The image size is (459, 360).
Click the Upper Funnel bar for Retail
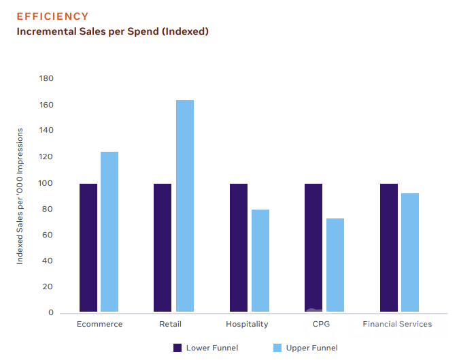tap(185, 206)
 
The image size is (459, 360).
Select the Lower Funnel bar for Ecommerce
tap(88, 248)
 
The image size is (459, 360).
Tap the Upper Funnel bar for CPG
tap(335, 265)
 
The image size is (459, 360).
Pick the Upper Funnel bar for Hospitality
tap(260, 261)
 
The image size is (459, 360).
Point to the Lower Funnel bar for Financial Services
tap(389, 248)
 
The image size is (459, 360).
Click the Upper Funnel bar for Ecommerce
tap(109, 232)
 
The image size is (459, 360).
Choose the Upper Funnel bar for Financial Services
tap(410, 253)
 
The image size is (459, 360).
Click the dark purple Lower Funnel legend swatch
tap(178, 348)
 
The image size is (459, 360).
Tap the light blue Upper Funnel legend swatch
tap(277, 348)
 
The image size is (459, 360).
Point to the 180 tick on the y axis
tap(46, 78)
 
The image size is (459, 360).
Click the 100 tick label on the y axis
tap(46, 183)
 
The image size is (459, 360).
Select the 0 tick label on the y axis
tap(50, 313)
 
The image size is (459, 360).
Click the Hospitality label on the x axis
tap(247, 324)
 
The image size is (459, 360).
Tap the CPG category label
tap(321, 324)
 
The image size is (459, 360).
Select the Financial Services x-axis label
tap(397, 324)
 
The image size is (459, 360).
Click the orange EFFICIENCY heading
tap(52, 16)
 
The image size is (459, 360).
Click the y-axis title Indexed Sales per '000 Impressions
tap(20, 195)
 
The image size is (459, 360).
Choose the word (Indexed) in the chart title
tap(184, 31)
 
